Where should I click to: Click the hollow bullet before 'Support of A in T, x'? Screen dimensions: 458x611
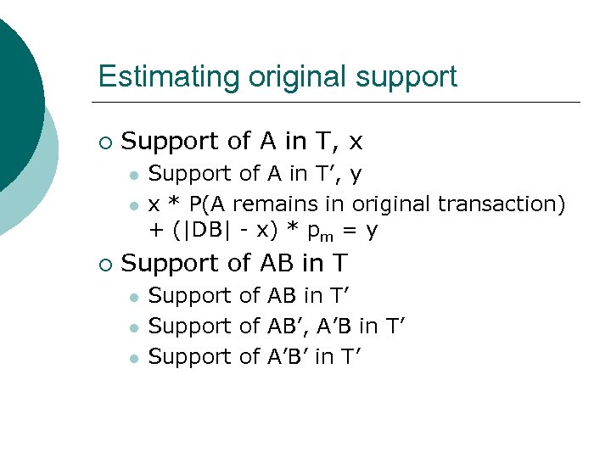point(104,142)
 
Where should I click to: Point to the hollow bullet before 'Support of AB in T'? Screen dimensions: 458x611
point(104,264)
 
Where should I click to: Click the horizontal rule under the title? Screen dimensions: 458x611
point(339,103)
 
